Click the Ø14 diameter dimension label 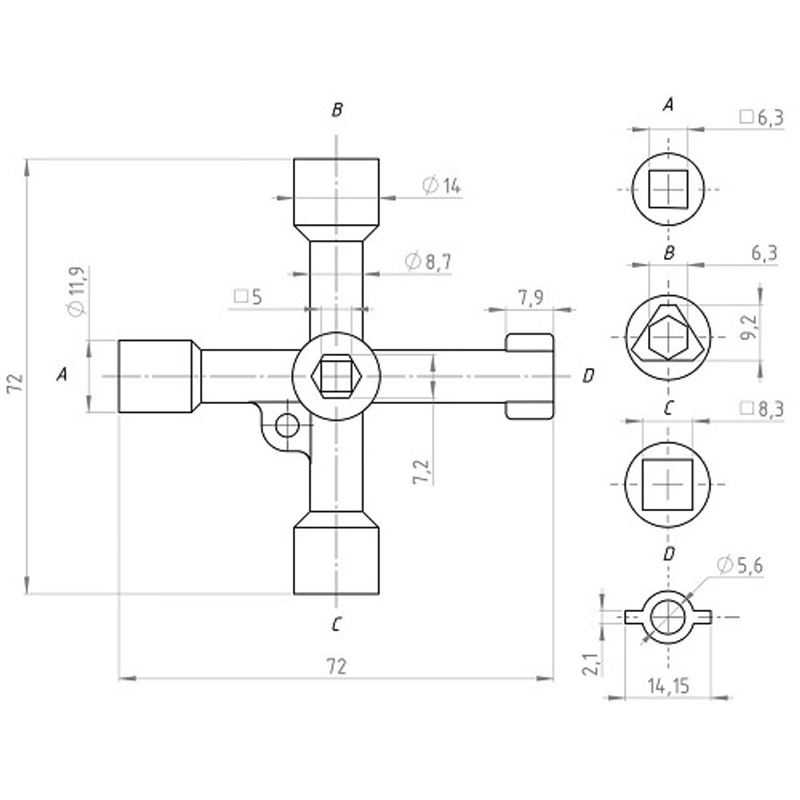pos(442,186)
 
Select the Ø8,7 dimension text pos(428,262)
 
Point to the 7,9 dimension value pos(531,298)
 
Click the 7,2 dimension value pos(423,471)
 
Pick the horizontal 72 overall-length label pos(336,666)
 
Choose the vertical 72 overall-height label pos(17,382)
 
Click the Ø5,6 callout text pos(740,566)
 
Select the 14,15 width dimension pos(668,686)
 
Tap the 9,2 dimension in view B pos(750,326)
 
